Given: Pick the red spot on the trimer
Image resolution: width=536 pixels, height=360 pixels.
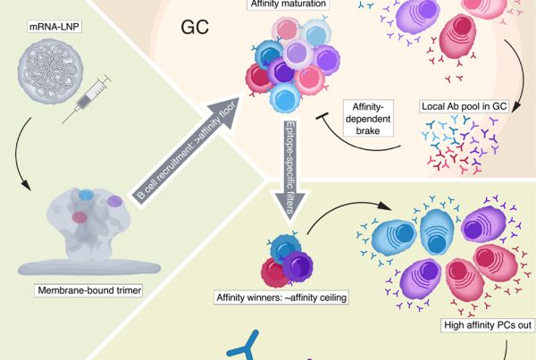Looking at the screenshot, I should tap(80, 217).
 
